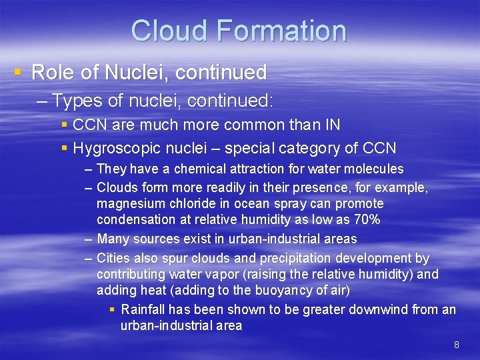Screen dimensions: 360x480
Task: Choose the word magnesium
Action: pyautogui.click(x=130, y=203)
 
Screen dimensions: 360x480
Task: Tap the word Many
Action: pyautogui.click(x=113, y=239)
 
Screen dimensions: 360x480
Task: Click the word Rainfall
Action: pyautogui.click(x=143, y=309)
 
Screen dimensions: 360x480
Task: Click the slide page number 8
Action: pyautogui.click(x=456, y=345)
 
